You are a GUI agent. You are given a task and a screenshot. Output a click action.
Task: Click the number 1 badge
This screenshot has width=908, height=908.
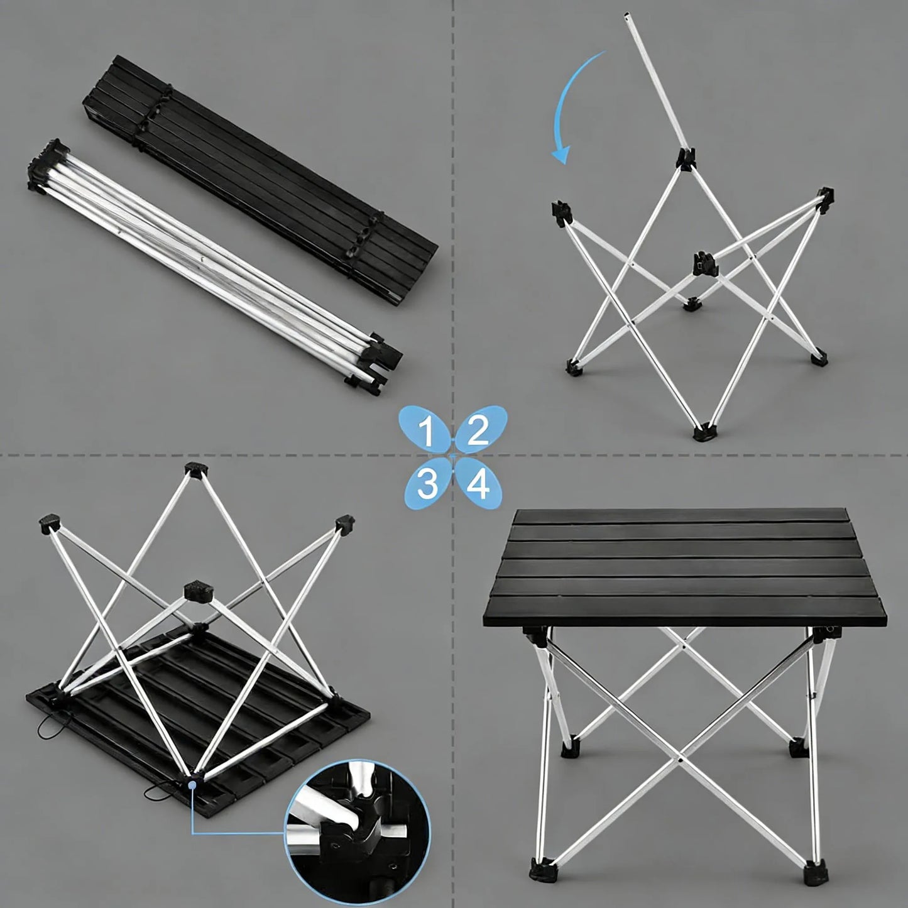click(425, 432)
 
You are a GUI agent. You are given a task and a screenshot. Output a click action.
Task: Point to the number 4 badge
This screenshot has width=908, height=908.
click(479, 484)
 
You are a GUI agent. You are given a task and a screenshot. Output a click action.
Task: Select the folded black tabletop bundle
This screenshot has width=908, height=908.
click(261, 178)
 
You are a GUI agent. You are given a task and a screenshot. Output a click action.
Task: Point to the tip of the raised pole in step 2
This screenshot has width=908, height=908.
click(626, 15)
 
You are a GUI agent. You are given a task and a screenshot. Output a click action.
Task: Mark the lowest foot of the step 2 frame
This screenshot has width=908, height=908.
click(703, 433)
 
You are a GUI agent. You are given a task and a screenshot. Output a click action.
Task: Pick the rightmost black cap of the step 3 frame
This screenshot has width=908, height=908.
click(344, 525)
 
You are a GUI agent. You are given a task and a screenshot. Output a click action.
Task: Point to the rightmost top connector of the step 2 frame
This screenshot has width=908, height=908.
click(825, 195)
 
